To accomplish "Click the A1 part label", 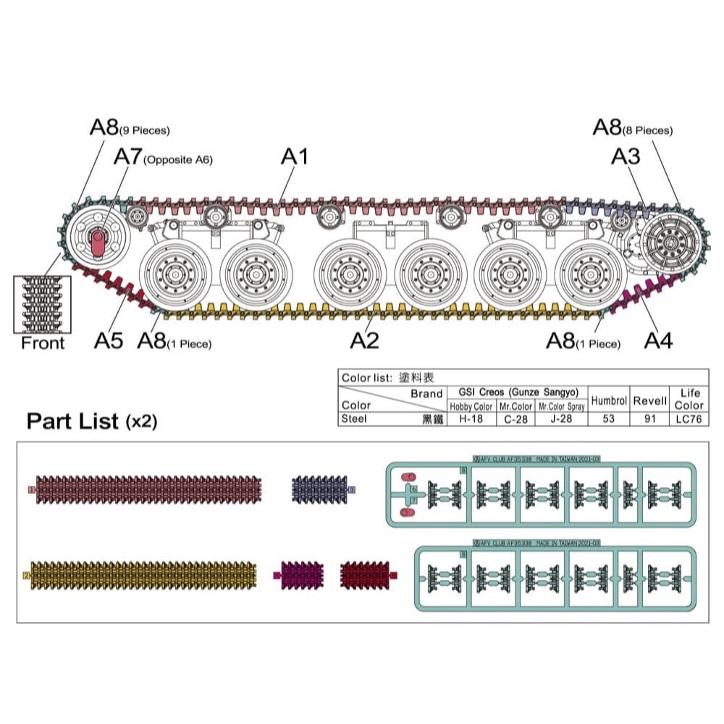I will [x=295, y=156].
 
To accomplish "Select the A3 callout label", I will [x=626, y=156].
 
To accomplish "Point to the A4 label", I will [x=658, y=340].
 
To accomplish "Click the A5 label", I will [x=109, y=340].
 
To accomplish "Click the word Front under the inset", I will [x=43, y=343].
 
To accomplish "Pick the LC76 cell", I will [x=688, y=418].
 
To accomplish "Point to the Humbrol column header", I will [x=608, y=400].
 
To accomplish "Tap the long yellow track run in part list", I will [x=142, y=575].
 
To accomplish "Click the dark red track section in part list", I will [x=366, y=575].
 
